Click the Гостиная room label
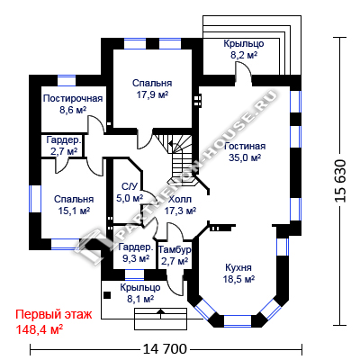(245, 147)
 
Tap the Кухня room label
(238, 267)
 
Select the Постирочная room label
(73, 98)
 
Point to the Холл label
(180, 199)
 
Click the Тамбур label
(175, 249)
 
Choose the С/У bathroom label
(130, 186)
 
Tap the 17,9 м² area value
(152, 94)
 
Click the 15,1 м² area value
(74, 211)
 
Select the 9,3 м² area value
(136, 258)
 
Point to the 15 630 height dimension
(340, 181)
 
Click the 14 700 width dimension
(165, 349)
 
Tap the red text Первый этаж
(54, 315)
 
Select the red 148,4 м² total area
(39, 330)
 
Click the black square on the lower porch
(107, 295)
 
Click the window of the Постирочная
(67, 81)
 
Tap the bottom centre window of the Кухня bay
(238, 320)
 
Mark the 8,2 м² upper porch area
(244, 56)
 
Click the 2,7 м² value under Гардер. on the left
(64, 151)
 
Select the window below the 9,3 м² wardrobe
(134, 274)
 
